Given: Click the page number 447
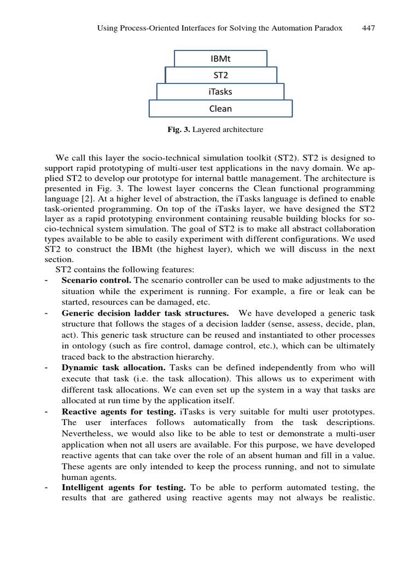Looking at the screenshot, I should [x=369, y=28].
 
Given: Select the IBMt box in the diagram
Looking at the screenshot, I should [x=220, y=59].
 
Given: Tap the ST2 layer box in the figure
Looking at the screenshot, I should [x=220, y=75].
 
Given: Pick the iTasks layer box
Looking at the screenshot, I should [x=220, y=91].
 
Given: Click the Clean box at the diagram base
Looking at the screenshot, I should [x=220, y=108].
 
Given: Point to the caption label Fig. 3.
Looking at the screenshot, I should [x=178, y=130].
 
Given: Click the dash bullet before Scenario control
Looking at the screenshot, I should [x=48, y=280].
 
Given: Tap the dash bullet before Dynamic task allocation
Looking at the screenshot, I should [x=48, y=367].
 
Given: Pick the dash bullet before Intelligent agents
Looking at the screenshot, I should [x=48, y=487].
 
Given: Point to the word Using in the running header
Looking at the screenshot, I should [x=107, y=28].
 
